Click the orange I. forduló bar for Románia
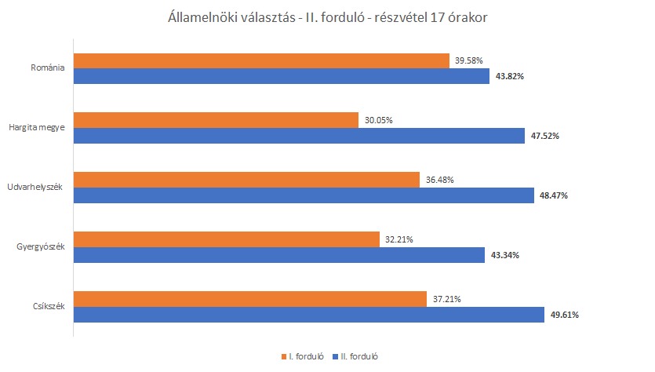pos(261,61)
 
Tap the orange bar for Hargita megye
pos(216,121)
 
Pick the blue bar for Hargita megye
pos(299,136)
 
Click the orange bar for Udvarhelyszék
pos(246,180)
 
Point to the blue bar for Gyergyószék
pos(280,255)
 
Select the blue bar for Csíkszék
pos(309,315)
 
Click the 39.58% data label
pos(470,61)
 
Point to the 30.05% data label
pos(378,121)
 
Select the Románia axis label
pos(47,68)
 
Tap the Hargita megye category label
pos(36,128)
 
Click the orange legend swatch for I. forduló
pos(283,356)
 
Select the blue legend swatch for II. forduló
pos(336,356)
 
